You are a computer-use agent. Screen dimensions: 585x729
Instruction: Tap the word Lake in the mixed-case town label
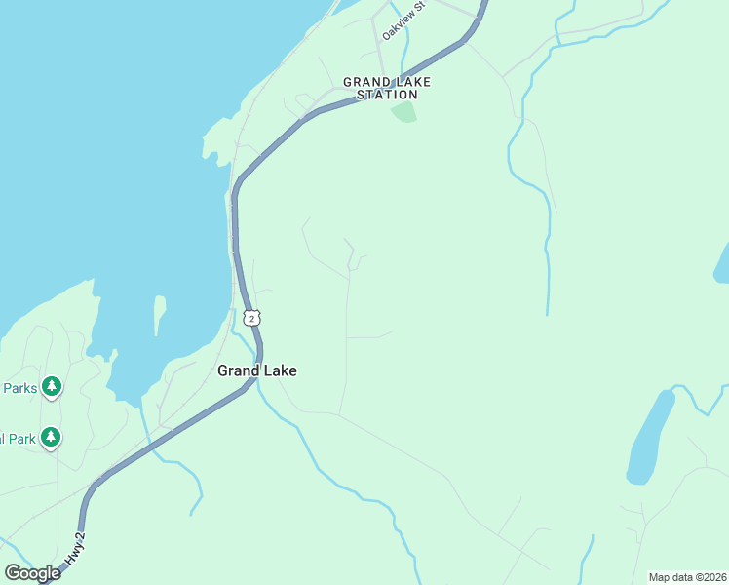281,370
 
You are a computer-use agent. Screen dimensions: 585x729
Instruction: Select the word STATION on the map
387,95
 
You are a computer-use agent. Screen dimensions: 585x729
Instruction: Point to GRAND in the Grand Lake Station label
365,83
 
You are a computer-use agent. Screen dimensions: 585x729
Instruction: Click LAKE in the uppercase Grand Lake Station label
412,83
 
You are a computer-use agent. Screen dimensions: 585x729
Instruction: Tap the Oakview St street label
404,20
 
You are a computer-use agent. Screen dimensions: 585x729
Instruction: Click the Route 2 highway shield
252,318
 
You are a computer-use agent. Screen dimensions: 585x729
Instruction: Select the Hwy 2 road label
76,550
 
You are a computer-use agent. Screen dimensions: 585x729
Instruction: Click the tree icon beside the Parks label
52,387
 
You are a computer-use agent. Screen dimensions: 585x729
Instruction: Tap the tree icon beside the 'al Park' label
51,438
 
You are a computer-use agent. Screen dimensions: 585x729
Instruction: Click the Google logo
32,572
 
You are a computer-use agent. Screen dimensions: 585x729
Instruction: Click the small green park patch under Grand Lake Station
403,112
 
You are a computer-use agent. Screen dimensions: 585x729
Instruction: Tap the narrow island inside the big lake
159,314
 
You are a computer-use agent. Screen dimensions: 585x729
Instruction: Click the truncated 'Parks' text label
19,388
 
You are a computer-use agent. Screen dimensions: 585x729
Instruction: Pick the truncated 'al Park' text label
18,439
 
